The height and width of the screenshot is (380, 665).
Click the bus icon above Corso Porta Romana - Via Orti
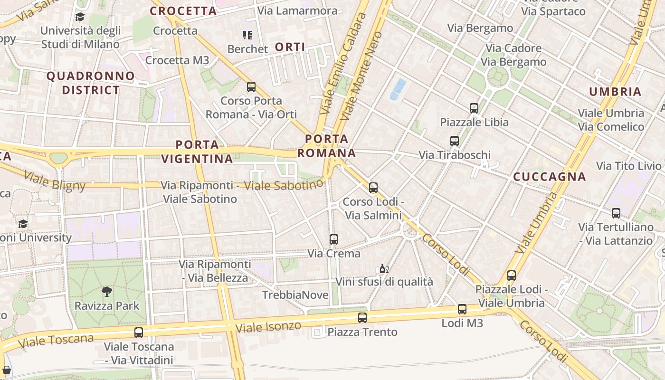(251, 87)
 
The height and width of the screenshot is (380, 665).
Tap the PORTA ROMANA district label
(327, 146)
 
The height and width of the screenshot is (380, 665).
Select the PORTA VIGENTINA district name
(197, 152)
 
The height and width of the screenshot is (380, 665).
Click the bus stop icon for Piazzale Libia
(474, 108)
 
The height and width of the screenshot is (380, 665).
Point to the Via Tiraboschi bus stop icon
(455, 141)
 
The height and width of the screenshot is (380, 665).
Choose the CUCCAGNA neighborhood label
(550, 177)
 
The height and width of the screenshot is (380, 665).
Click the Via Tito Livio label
(628, 166)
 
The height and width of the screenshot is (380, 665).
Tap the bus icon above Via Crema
(334, 239)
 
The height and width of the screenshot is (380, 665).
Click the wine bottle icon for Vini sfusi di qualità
(384, 269)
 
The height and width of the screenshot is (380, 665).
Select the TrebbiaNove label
(295, 295)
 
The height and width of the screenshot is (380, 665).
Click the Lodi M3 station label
(462, 323)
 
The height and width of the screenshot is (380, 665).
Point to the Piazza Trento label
(362, 332)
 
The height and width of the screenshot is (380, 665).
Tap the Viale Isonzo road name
(268, 327)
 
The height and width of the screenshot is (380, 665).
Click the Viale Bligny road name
(55, 181)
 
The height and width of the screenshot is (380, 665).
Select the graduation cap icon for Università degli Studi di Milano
(80, 17)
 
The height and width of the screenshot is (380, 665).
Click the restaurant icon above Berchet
(247, 35)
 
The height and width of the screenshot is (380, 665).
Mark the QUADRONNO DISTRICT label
(91, 83)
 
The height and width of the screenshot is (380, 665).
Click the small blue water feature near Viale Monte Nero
(398, 89)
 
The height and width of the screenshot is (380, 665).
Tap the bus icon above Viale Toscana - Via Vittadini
(139, 332)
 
